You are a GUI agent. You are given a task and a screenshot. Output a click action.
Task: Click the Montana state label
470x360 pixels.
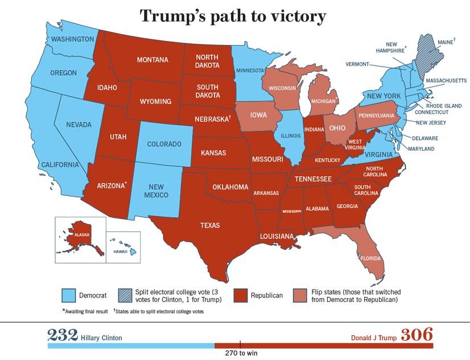click(152, 60)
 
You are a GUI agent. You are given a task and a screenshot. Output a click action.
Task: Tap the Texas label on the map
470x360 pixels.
click(209, 225)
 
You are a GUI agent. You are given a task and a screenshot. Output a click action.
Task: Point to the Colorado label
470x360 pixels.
click(164, 144)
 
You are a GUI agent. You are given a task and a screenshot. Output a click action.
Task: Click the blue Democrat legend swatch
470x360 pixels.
click(68, 295)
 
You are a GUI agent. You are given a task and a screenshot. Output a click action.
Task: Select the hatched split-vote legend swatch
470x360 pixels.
click(126, 295)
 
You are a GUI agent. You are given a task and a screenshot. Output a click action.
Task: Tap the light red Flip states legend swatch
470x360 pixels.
click(300, 295)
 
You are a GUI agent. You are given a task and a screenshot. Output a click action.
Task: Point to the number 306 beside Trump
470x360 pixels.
click(417, 334)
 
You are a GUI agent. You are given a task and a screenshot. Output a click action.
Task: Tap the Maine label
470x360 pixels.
click(444, 42)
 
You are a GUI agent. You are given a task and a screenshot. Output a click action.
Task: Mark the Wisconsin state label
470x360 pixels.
click(282, 88)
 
